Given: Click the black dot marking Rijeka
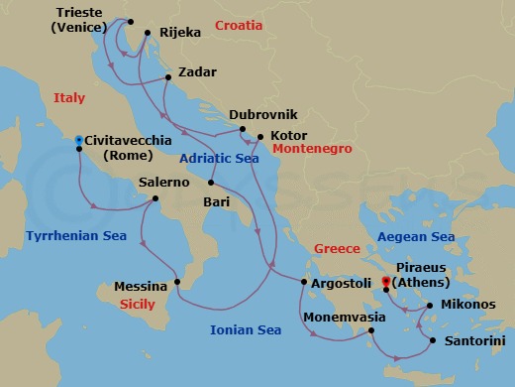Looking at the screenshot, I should tap(147, 34).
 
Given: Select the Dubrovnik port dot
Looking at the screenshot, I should tap(241, 130).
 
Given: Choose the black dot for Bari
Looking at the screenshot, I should tap(211, 184).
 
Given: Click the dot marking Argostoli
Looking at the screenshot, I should tap(303, 283).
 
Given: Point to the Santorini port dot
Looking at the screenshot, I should tap(431, 341).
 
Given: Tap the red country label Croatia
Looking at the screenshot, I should tap(239, 25).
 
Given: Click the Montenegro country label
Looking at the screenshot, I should tap(312, 149).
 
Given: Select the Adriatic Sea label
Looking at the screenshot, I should tap(220, 158).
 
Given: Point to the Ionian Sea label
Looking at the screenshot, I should tap(249, 329).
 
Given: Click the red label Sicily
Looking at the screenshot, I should tap(138, 304).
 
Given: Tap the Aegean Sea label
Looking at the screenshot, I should tap(415, 237).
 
